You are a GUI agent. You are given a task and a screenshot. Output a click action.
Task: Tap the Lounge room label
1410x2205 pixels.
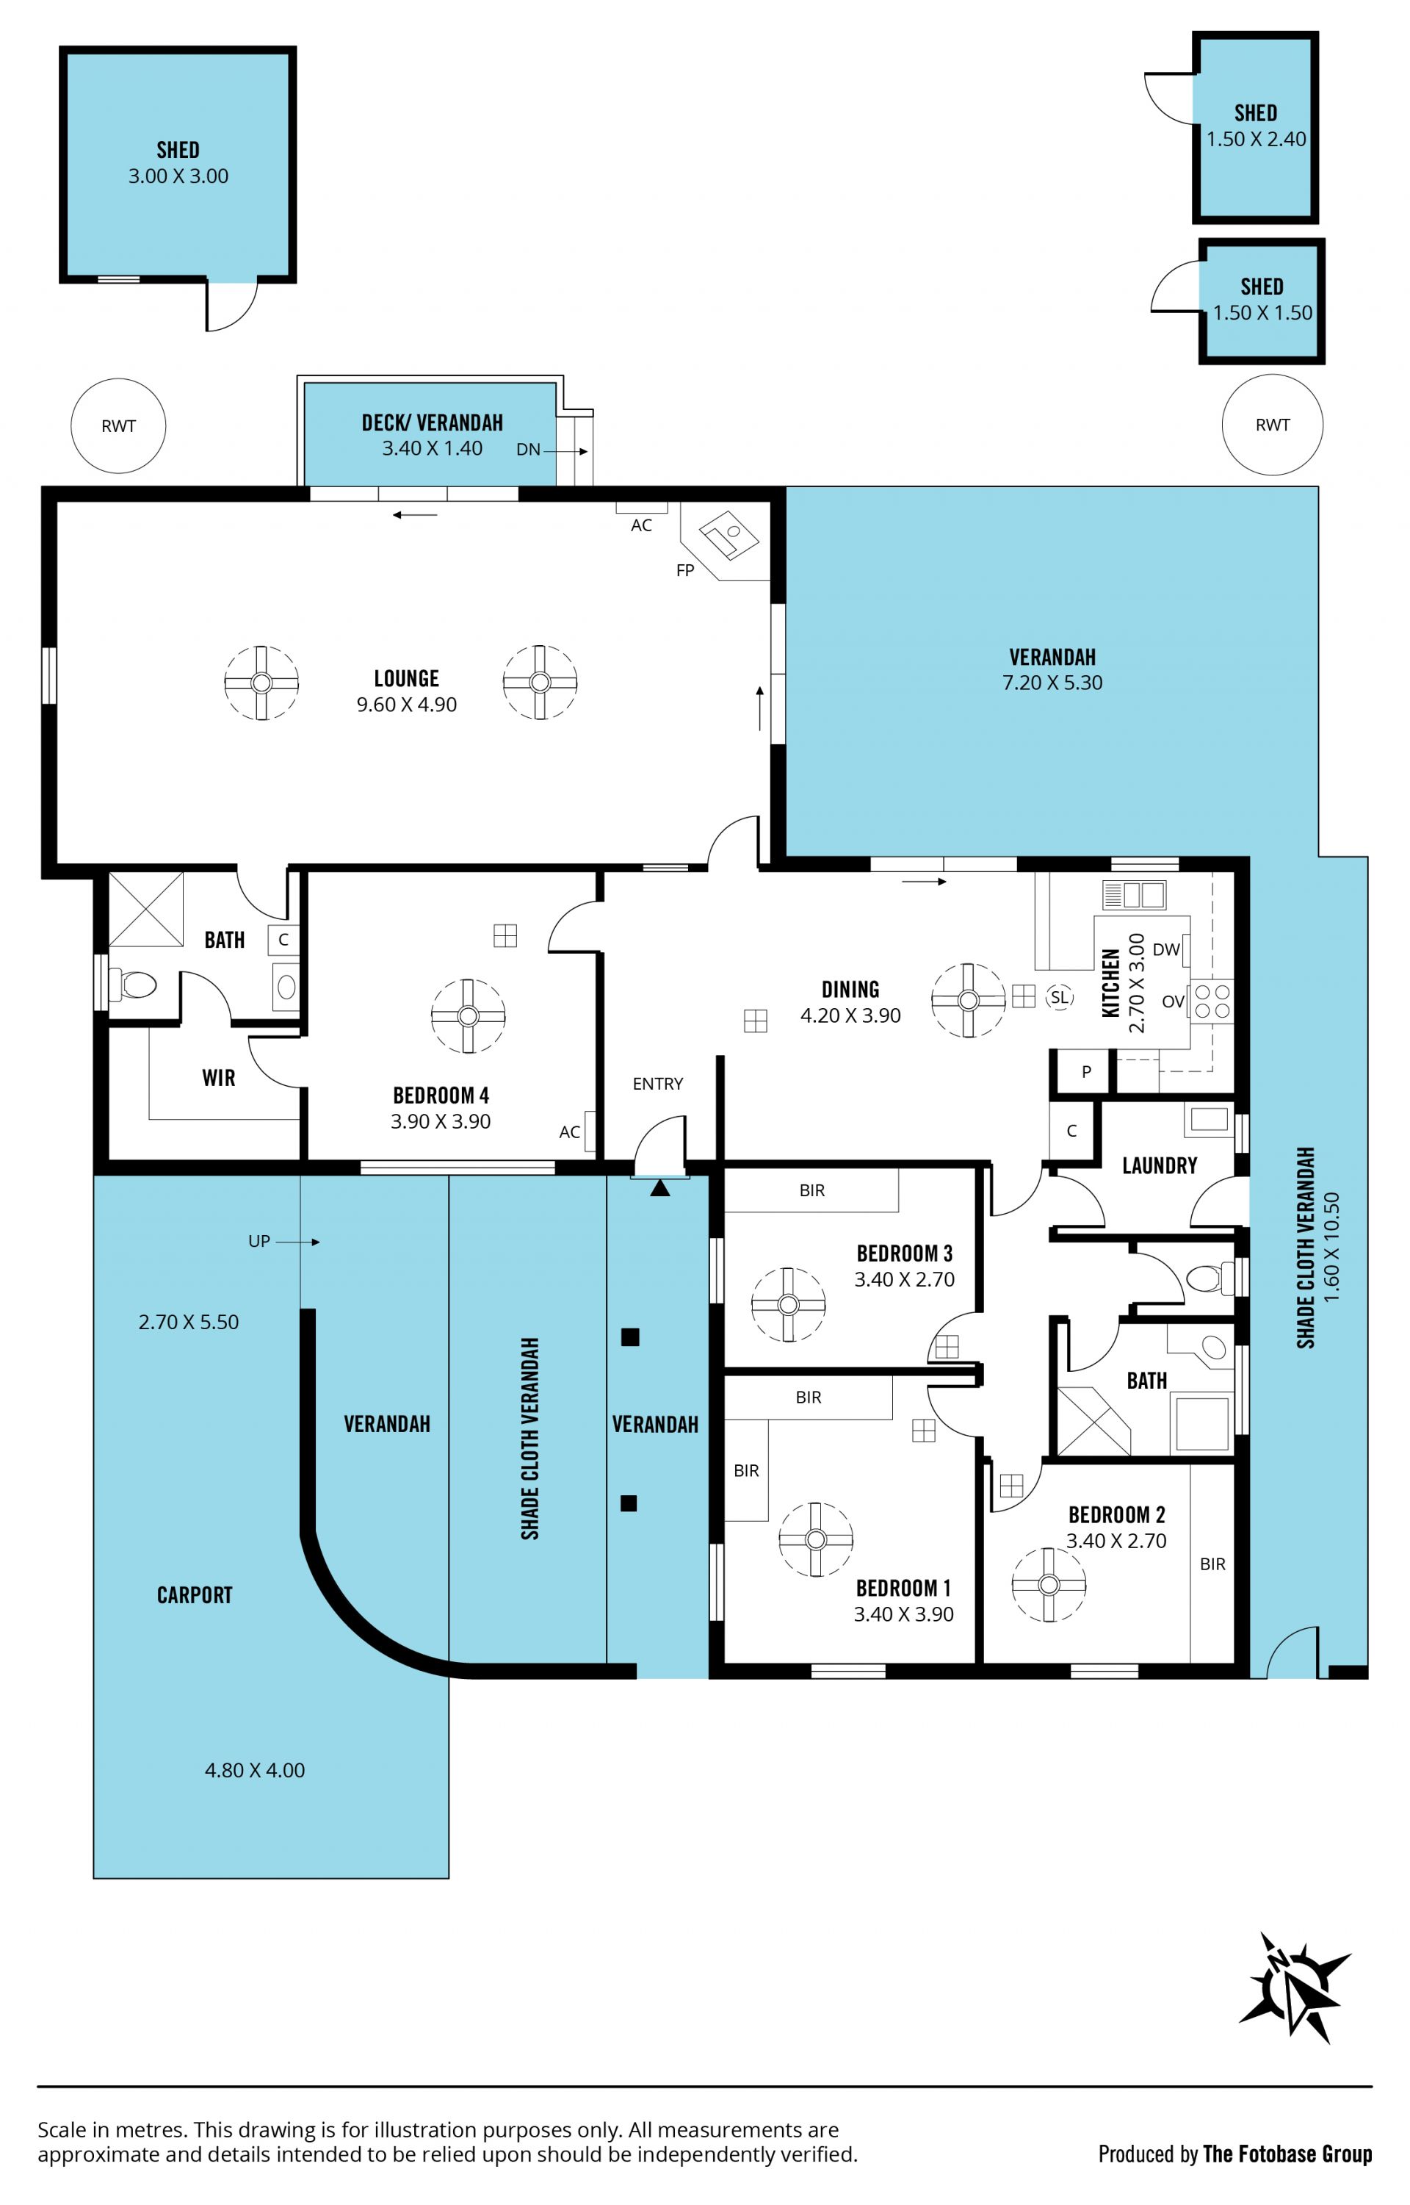click(407, 678)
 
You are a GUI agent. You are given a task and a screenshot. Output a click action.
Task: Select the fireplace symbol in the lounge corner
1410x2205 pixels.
click(728, 536)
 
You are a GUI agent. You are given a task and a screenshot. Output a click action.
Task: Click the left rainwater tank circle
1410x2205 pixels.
click(119, 425)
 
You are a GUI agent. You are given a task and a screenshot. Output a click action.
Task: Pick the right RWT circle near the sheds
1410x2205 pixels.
click(1273, 424)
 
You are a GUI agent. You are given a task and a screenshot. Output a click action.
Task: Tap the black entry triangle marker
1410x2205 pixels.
click(660, 1188)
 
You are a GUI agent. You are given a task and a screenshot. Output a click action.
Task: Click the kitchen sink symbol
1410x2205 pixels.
click(1135, 894)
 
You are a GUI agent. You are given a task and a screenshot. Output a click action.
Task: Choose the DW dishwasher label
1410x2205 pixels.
click(1165, 950)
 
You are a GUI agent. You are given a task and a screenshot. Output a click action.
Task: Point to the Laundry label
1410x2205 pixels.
click(1160, 1165)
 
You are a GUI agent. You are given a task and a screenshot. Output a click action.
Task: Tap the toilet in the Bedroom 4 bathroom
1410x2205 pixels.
click(133, 985)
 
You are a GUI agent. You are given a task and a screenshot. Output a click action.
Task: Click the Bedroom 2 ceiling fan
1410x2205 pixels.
click(1049, 1585)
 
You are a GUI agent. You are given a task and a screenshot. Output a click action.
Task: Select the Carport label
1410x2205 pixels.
click(195, 1595)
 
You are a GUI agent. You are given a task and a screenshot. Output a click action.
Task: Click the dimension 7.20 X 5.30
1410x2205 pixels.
click(1053, 683)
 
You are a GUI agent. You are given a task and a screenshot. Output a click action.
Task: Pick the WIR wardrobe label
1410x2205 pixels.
click(219, 1078)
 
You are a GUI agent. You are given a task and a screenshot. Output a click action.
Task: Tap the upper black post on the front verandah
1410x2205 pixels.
click(630, 1337)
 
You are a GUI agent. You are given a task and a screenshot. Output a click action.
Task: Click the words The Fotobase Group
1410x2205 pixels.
click(1287, 2154)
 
